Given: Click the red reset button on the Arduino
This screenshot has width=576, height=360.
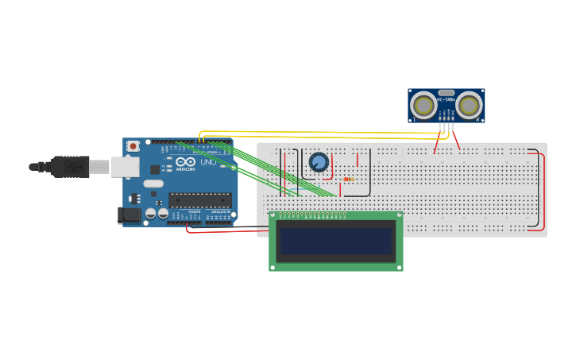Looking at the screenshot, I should click(x=133, y=146).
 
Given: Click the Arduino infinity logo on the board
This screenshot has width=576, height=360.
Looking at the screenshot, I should click(x=186, y=162).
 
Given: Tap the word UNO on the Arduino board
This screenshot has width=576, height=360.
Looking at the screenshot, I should click(x=207, y=162).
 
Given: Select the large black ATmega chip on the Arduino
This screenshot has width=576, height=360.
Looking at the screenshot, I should click(x=200, y=199).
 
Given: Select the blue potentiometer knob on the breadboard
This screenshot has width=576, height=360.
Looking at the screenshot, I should click(x=319, y=162).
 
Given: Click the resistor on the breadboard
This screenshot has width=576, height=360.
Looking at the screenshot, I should click(x=349, y=180).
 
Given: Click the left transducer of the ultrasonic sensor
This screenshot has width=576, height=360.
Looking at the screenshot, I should click(x=423, y=105).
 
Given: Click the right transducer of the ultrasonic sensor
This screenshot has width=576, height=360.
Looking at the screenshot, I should click(x=469, y=105).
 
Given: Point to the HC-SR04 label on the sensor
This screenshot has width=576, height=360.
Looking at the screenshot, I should click(x=446, y=100).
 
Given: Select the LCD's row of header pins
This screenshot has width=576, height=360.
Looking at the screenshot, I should click(x=314, y=215).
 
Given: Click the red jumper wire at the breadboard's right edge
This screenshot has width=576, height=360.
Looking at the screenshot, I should click(x=543, y=191).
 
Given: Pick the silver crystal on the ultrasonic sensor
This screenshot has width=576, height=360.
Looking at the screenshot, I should click(x=446, y=92).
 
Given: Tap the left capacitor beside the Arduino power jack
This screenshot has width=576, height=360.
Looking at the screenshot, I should click(x=150, y=213).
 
